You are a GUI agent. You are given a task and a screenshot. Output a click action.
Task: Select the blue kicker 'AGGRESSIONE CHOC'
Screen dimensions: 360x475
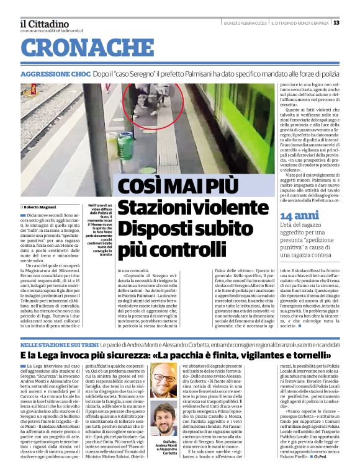click(x=55, y=74)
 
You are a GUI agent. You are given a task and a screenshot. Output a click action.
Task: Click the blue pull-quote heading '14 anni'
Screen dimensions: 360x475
click(x=294, y=215)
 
